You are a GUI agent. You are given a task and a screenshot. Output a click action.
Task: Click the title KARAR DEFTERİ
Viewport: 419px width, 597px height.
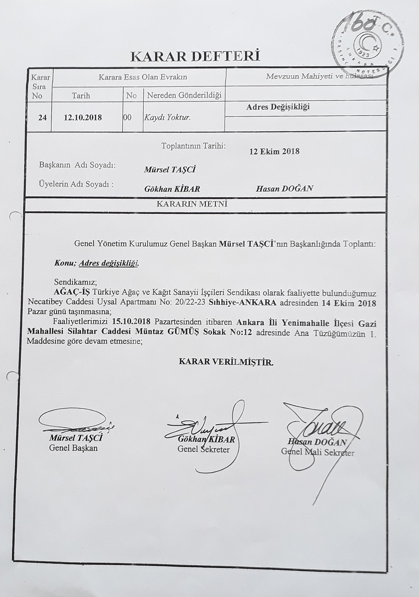click(x=195, y=56)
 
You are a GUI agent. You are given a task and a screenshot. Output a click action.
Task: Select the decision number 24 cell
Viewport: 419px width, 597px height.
click(x=42, y=117)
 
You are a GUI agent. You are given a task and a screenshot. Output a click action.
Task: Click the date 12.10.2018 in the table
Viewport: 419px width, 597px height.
click(x=83, y=117)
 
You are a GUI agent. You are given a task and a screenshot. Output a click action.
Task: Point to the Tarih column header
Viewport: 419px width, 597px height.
click(x=81, y=96)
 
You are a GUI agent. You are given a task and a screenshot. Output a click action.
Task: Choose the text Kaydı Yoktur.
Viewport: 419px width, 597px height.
click(x=167, y=117)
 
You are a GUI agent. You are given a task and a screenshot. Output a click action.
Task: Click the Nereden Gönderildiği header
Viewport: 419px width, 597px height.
click(x=184, y=96)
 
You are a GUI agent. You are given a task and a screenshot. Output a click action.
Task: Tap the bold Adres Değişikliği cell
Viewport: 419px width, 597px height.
click(x=278, y=107)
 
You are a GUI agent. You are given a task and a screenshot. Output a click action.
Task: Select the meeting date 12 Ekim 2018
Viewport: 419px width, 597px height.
click(x=274, y=151)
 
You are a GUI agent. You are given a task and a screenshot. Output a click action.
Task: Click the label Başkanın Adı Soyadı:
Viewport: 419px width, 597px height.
click(x=77, y=165)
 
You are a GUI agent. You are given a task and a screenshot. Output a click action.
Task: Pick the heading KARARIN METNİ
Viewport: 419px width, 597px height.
click(x=192, y=204)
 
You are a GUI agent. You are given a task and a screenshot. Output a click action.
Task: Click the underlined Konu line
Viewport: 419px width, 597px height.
click(x=96, y=263)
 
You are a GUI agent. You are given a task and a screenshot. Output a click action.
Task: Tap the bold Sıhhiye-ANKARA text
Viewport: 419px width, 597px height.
click(x=243, y=303)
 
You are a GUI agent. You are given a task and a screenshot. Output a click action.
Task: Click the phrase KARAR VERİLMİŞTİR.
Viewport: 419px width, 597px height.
click(x=226, y=362)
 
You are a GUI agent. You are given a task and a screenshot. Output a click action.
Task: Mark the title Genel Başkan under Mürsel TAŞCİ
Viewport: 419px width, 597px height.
click(x=73, y=448)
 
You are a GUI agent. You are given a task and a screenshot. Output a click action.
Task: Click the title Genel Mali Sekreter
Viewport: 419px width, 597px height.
click(x=317, y=452)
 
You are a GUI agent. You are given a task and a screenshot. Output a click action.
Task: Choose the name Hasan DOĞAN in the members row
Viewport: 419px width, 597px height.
click(x=284, y=189)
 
